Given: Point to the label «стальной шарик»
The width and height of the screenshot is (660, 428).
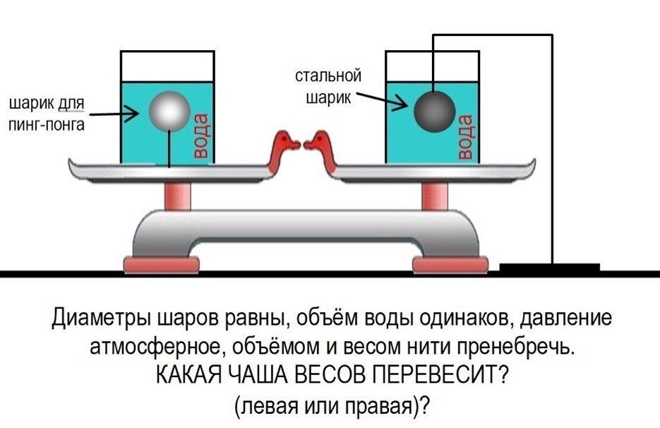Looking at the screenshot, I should pyautogui.click(x=328, y=86).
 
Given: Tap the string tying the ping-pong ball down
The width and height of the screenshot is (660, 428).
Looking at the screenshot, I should pyautogui.click(x=169, y=148).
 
